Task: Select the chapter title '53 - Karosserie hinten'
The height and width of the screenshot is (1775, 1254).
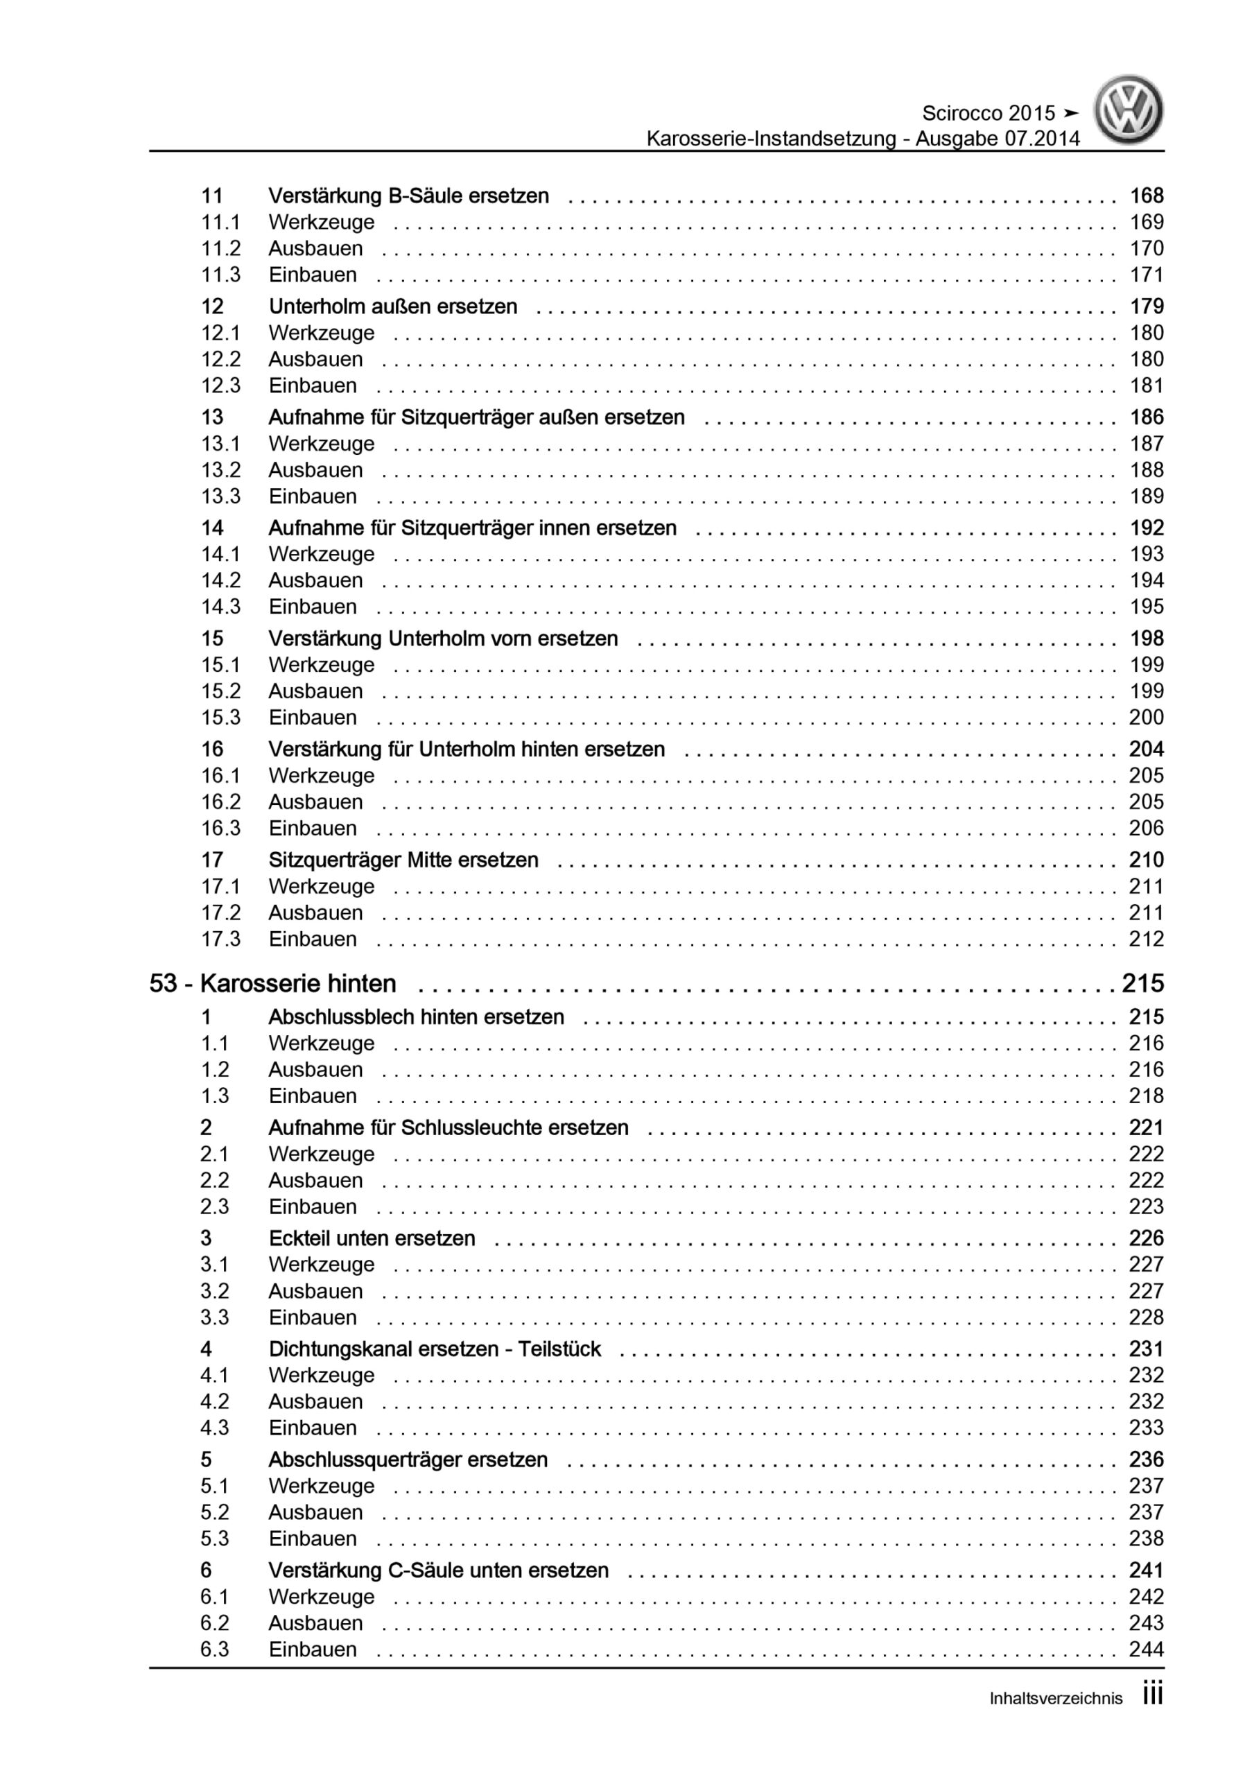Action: pos(273,983)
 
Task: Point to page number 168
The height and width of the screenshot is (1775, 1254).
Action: pos(1146,196)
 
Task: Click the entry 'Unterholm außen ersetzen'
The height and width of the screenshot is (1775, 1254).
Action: pos(393,307)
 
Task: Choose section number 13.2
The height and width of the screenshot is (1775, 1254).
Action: pos(220,470)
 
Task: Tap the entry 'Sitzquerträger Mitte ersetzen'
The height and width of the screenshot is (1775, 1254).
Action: pos(403,860)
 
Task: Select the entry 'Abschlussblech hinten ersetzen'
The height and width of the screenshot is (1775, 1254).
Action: pos(416,1017)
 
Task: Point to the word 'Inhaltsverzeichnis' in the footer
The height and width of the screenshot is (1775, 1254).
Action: pos(1055,1699)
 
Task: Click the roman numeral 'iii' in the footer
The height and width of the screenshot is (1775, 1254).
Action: pos(1152,1696)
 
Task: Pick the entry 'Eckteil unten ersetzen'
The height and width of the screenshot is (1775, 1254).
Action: pos(371,1238)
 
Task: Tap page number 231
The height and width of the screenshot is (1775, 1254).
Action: pos(1146,1349)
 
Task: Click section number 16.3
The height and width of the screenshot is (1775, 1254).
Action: pos(220,828)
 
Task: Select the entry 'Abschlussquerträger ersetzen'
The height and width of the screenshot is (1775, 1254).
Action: pos(408,1460)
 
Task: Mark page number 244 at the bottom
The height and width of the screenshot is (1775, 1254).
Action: pos(1146,1649)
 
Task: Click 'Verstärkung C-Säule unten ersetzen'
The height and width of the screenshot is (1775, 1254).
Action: pos(438,1570)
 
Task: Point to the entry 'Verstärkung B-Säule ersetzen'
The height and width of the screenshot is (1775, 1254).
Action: pos(408,196)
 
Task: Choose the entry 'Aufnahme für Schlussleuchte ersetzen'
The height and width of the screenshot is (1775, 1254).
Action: pos(449,1128)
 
